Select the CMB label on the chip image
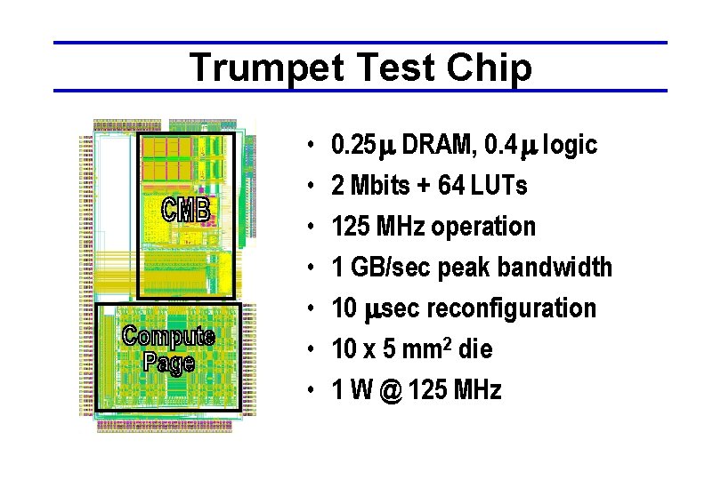point(185,210)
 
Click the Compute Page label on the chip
point(168,348)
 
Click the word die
point(476,349)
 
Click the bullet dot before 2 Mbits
point(305,187)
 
